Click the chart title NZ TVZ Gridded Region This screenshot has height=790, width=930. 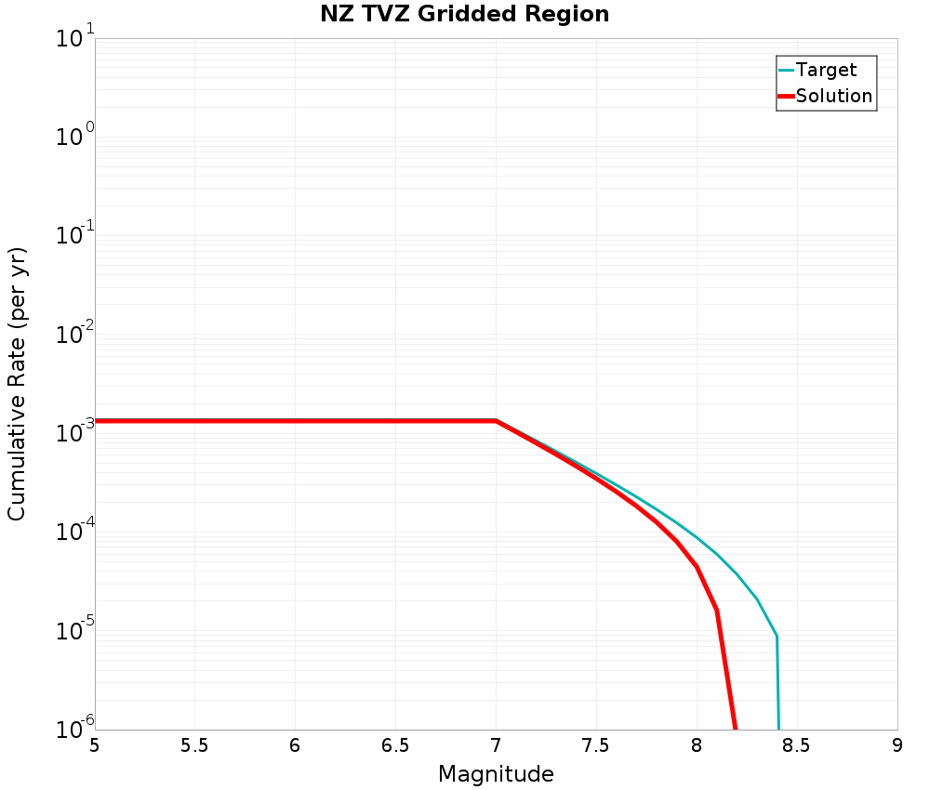coord(464,15)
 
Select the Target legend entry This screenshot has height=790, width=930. coord(826,70)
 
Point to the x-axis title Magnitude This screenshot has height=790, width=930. coord(496,774)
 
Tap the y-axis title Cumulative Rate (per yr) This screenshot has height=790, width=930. coord(17,384)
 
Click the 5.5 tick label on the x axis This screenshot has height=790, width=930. coord(194,745)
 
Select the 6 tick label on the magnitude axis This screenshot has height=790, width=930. coord(295,745)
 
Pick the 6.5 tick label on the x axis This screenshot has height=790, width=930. coord(395,745)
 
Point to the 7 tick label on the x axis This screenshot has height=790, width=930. coord(496,745)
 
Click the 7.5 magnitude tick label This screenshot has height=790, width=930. coord(596,745)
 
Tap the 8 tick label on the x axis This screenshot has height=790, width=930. coord(697,745)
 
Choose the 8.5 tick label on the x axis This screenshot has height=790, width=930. coord(797,745)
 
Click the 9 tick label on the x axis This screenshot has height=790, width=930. coord(897,745)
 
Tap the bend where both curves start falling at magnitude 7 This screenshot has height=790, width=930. coord(496,421)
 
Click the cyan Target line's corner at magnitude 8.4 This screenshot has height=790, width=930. coord(777,637)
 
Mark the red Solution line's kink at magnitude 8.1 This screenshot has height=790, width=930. coord(717,610)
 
